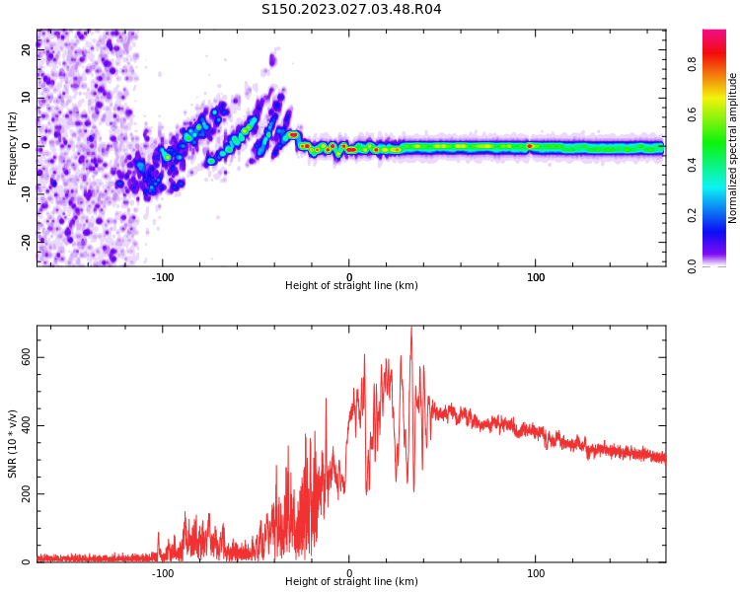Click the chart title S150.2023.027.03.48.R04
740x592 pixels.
pos(351,10)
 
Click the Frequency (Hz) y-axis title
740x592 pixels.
pos(13,147)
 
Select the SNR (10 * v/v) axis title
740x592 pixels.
pos(13,444)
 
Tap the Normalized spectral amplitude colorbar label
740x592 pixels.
pos(733,147)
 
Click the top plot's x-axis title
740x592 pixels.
pos(351,286)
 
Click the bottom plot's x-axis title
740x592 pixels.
pos(351,582)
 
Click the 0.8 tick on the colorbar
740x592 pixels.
pos(692,64)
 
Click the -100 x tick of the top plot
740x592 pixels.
pos(163,277)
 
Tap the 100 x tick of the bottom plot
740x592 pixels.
pos(536,573)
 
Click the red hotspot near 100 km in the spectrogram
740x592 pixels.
pos(530,146)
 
